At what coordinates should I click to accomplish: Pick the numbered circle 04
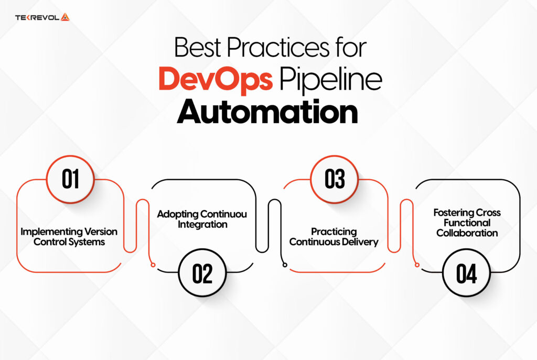point(466,274)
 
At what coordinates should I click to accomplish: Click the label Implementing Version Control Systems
point(69,237)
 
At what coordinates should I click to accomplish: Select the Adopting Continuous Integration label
point(202,220)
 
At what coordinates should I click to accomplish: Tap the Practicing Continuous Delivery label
point(334,237)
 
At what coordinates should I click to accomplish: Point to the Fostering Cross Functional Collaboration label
point(467,223)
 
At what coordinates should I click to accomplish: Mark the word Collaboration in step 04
point(467,233)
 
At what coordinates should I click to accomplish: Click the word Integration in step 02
point(202,225)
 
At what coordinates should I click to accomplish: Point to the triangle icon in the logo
point(65,17)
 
